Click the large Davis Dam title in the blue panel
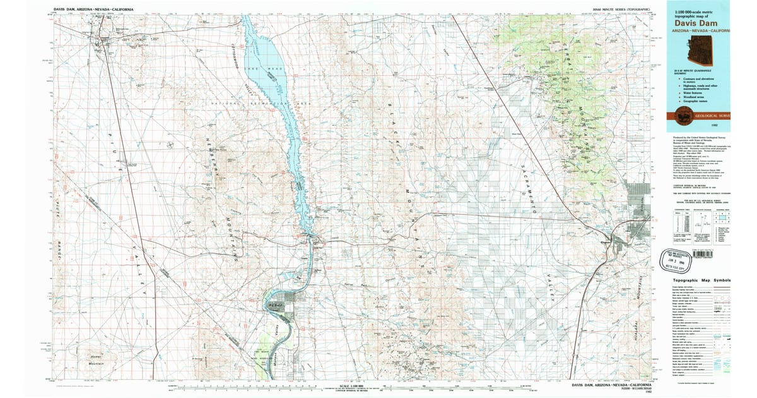(696, 21)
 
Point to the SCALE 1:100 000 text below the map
(351, 385)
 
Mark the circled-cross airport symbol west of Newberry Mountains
(171, 146)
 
